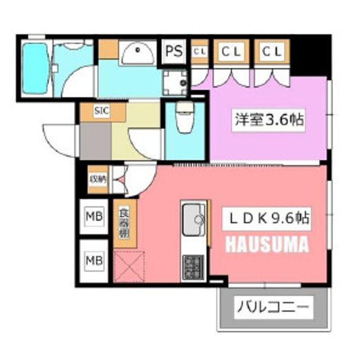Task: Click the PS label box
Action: tap(174, 52)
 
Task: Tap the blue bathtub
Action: tap(35, 68)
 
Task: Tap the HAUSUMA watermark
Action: tap(266, 245)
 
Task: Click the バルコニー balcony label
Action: tap(273, 305)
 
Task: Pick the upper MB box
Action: tap(94, 218)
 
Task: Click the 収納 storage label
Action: tap(97, 178)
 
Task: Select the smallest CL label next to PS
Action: tap(200, 52)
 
